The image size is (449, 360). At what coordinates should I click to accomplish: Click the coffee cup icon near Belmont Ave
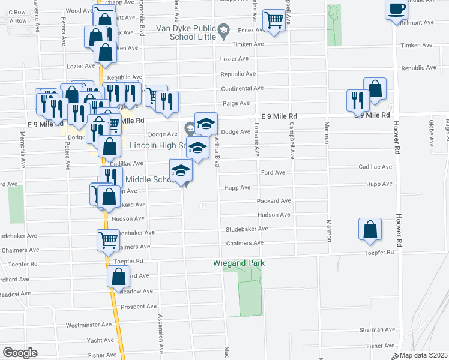(396, 10)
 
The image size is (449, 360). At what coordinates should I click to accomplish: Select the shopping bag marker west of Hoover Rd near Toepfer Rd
(370, 229)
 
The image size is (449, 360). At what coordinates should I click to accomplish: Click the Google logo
(20, 352)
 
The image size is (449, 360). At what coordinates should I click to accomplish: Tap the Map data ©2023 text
(424, 355)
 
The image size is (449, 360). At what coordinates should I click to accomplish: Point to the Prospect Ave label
(138, 307)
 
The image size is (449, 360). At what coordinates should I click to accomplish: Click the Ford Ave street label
(273, 173)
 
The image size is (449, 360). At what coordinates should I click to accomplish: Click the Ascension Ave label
(161, 335)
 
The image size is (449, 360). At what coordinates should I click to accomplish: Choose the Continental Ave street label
(242, 88)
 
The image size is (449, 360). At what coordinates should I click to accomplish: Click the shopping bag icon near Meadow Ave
(118, 276)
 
